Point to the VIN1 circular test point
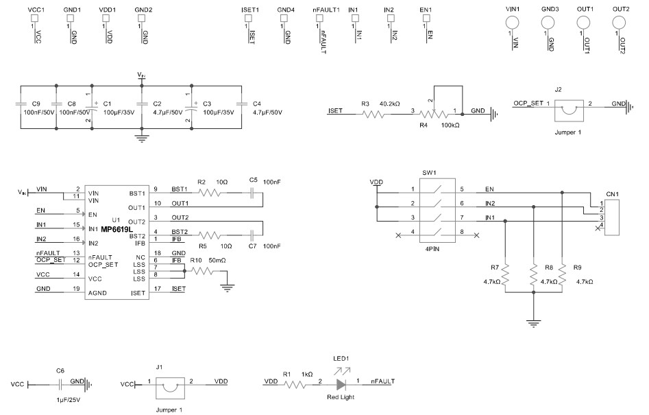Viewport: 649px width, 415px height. pos(511,22)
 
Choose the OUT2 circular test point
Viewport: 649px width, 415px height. pos(620,22)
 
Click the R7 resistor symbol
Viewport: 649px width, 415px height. pos(504,275)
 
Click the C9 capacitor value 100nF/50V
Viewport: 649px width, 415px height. pos(38,112)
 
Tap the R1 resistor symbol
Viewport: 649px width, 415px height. pos(295,385)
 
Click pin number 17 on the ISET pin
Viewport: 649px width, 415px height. pos(157,289)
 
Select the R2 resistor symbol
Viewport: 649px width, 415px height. pos(210,193)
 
